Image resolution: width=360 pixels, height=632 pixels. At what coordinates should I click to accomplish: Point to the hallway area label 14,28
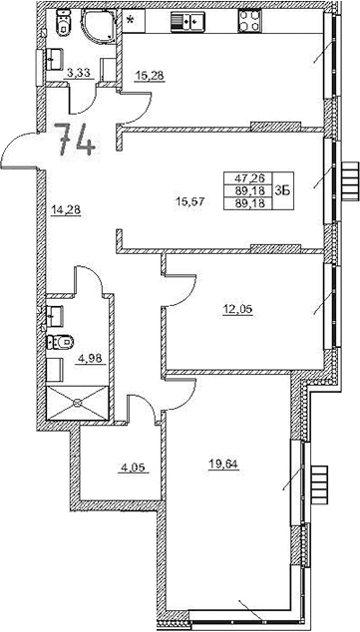coord(65,208)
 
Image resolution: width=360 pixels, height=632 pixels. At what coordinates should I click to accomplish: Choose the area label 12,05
coord(238,308)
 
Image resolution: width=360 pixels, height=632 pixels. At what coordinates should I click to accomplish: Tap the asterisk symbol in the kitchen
coord(129,21)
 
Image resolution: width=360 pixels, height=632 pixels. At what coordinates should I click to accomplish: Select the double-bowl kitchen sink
coord(186,21)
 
